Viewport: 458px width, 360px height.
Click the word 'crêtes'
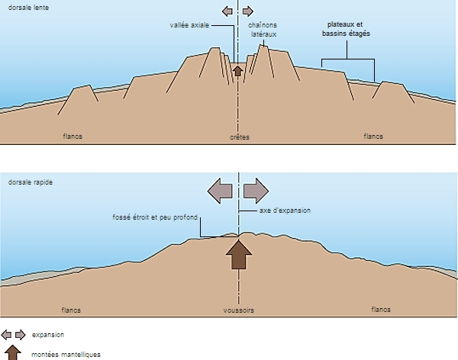(x=240, y=137)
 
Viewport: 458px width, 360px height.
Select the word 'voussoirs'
(x=240, y=310)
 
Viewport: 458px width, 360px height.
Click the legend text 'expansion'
(x=47, y=334)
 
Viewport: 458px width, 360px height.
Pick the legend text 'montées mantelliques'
(x=66, y=354)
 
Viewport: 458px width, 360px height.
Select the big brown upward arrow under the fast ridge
(x=239, y=254)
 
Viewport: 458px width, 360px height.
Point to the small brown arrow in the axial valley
(x=237, y=71)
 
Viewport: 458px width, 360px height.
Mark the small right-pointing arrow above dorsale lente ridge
(x=250, y=11)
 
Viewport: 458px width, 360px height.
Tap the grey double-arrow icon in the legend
(x=14, y=334)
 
